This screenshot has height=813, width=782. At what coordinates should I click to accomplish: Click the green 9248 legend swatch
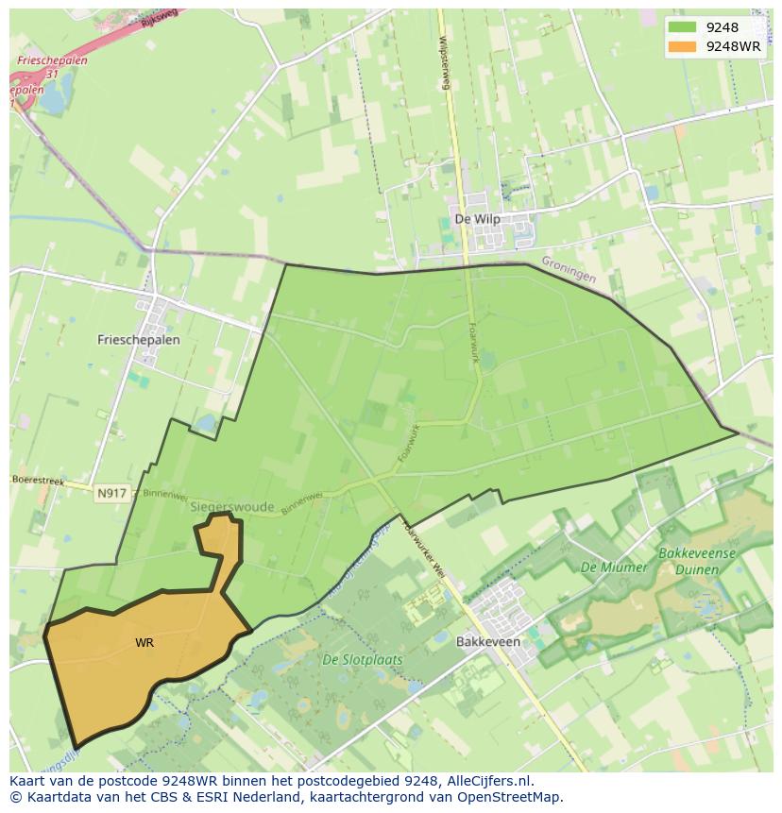point(680,27)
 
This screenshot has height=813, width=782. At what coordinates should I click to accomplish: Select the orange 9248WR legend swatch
point(680,45)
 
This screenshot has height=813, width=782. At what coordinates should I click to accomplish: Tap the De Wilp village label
point(477,219)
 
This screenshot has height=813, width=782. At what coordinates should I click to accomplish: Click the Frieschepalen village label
point(138,339)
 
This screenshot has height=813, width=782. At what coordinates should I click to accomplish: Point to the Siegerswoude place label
point(231,507)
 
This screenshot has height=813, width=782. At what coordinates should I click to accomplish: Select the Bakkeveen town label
point(487,641)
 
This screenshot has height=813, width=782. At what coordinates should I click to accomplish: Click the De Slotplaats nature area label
point(362,660)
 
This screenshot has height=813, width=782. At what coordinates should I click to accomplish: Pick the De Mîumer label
point(614,567)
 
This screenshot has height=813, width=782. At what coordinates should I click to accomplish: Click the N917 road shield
point(110,493)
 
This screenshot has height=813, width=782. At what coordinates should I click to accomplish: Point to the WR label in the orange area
point(144,643)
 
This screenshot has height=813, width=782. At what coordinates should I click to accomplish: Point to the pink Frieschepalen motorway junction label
point(52,60)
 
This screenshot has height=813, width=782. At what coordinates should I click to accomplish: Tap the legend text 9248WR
point(733,45)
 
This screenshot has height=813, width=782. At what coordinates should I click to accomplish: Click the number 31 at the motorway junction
point(52,74)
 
